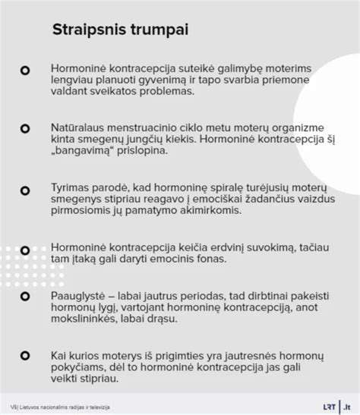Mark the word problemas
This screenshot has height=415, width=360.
pyautogui.click(x=152, y=92)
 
